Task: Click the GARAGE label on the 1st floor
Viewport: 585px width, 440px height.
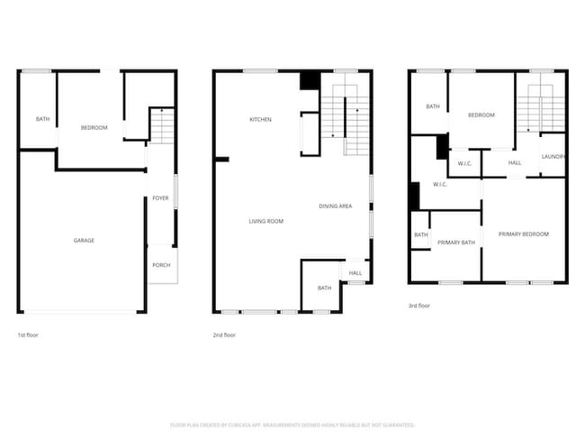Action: click(84, 241)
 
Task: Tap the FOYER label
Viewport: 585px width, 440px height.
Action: click(160, 198)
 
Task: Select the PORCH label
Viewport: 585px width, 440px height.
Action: click(161, 265)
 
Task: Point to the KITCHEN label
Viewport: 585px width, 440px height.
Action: click(260, 120)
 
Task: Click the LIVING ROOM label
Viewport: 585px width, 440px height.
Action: click(266, 221)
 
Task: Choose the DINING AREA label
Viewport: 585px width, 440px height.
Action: click(335, 206)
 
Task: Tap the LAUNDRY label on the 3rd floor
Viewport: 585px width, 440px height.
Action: click(553, 157)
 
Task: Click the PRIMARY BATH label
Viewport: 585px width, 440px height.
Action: click(455, 243)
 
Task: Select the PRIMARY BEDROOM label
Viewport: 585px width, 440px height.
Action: click(523, 234)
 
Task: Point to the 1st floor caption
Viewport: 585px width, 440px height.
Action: click(28, 335)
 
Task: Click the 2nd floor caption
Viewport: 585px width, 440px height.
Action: click(224, 335)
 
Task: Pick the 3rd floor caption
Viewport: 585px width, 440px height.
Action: click(419, 306)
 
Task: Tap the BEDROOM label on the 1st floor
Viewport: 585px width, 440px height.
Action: click(94, 128)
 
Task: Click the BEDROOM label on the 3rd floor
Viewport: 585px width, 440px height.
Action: click(481, 115)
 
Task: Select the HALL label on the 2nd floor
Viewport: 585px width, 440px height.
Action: click(355, 273)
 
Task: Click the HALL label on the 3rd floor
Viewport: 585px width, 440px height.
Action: click(515, 163)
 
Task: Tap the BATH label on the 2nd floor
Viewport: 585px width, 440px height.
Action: click(324, 288)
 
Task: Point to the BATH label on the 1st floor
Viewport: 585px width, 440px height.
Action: click(42, 120)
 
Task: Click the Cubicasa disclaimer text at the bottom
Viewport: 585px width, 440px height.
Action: click(292, 424)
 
